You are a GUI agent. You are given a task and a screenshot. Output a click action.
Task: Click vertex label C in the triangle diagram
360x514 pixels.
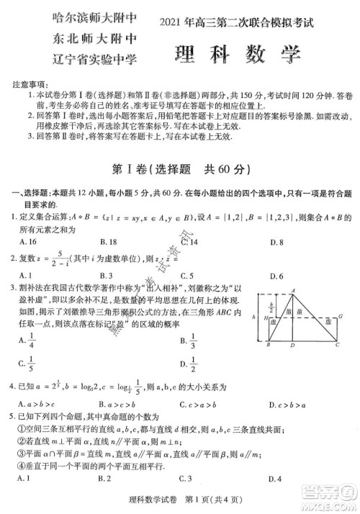(x=336, y=345)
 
